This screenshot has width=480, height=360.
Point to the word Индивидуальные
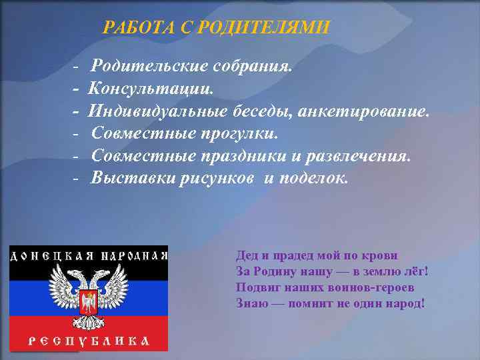[x=159, y=110]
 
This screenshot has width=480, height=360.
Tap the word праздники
[x=246, y=156]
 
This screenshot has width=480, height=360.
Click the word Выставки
[x=134, y=178]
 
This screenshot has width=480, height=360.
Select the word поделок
[x=316, y=178]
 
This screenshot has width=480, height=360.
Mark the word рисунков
[x=218, y=178]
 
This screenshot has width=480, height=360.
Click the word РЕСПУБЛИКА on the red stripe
[x=87, y=341]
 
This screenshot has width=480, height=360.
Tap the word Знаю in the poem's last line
[x=252, y=302]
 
